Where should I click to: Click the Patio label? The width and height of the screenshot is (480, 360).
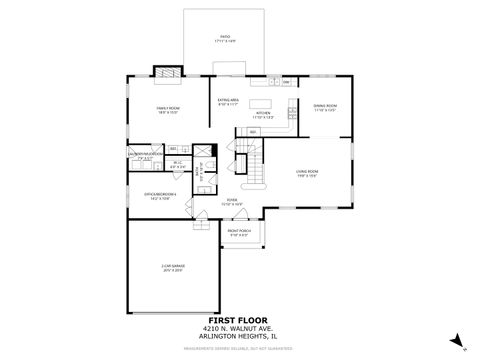pyautogui.click(x=225, y=39)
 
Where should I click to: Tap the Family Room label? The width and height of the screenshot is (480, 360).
pyautogui.click(x=166, y=110)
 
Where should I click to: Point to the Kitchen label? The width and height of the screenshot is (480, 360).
pyautogui.click(x=264, y=116)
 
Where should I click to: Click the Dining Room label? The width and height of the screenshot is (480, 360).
pyautogui.click(x=326, y=108)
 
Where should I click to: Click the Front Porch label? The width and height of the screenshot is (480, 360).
pyautogui.click(x=240, y=233)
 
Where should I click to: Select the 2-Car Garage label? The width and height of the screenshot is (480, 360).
pyautogui.click(x=173, y=267)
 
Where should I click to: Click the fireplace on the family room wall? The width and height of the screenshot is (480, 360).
pyautogui.click(x=166, y=72)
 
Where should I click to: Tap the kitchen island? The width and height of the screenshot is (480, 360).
pyautogui.click(x=264, y=103)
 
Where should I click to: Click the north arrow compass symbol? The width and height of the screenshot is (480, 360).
pyautogui.click(x=456, y=340)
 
